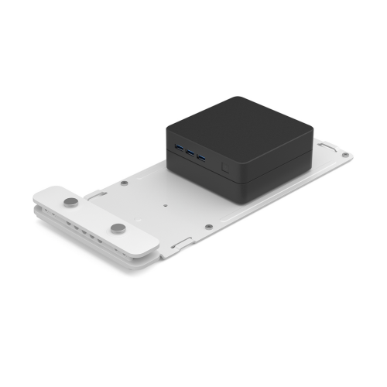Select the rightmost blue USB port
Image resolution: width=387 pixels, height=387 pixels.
pos(202,157)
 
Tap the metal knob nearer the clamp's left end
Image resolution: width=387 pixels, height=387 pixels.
pos(71,202)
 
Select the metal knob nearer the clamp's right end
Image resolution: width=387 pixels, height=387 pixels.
pos(118,228)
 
